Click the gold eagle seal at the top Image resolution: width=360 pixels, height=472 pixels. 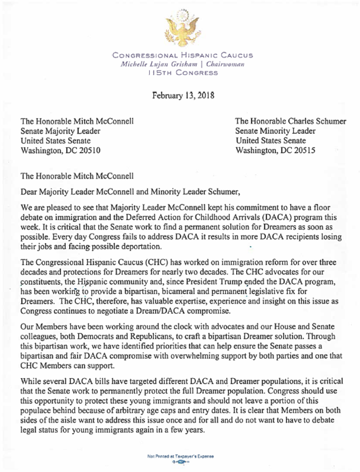180,27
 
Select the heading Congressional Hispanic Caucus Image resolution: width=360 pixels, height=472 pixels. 180,54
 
